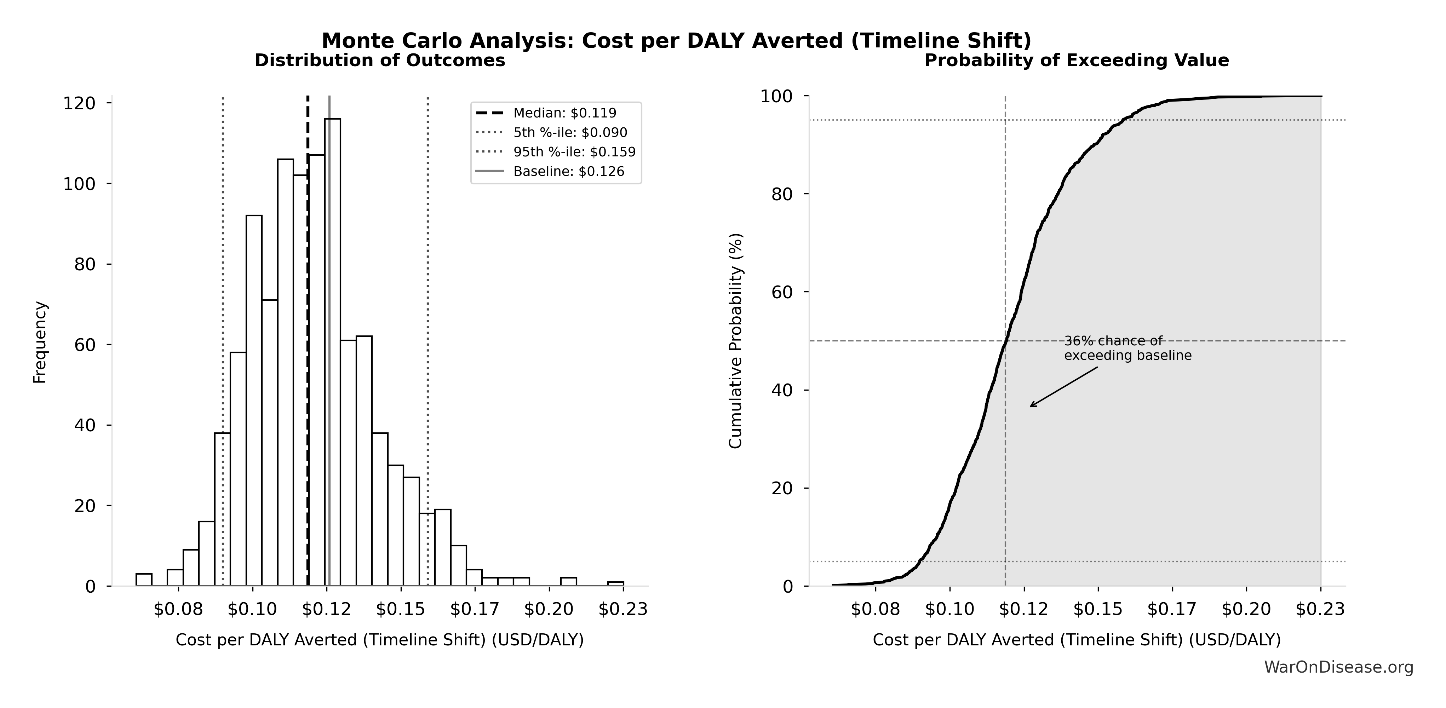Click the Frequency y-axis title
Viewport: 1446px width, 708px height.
click(40, 342)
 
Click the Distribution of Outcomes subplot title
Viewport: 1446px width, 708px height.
click(380, 61)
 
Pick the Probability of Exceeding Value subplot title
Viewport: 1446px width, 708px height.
click(1077, 61)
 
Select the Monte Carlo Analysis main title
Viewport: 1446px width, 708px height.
click(676, 40)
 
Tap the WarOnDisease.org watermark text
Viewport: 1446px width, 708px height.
click(1338, 667)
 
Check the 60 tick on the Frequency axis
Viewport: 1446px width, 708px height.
click(85, 345)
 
